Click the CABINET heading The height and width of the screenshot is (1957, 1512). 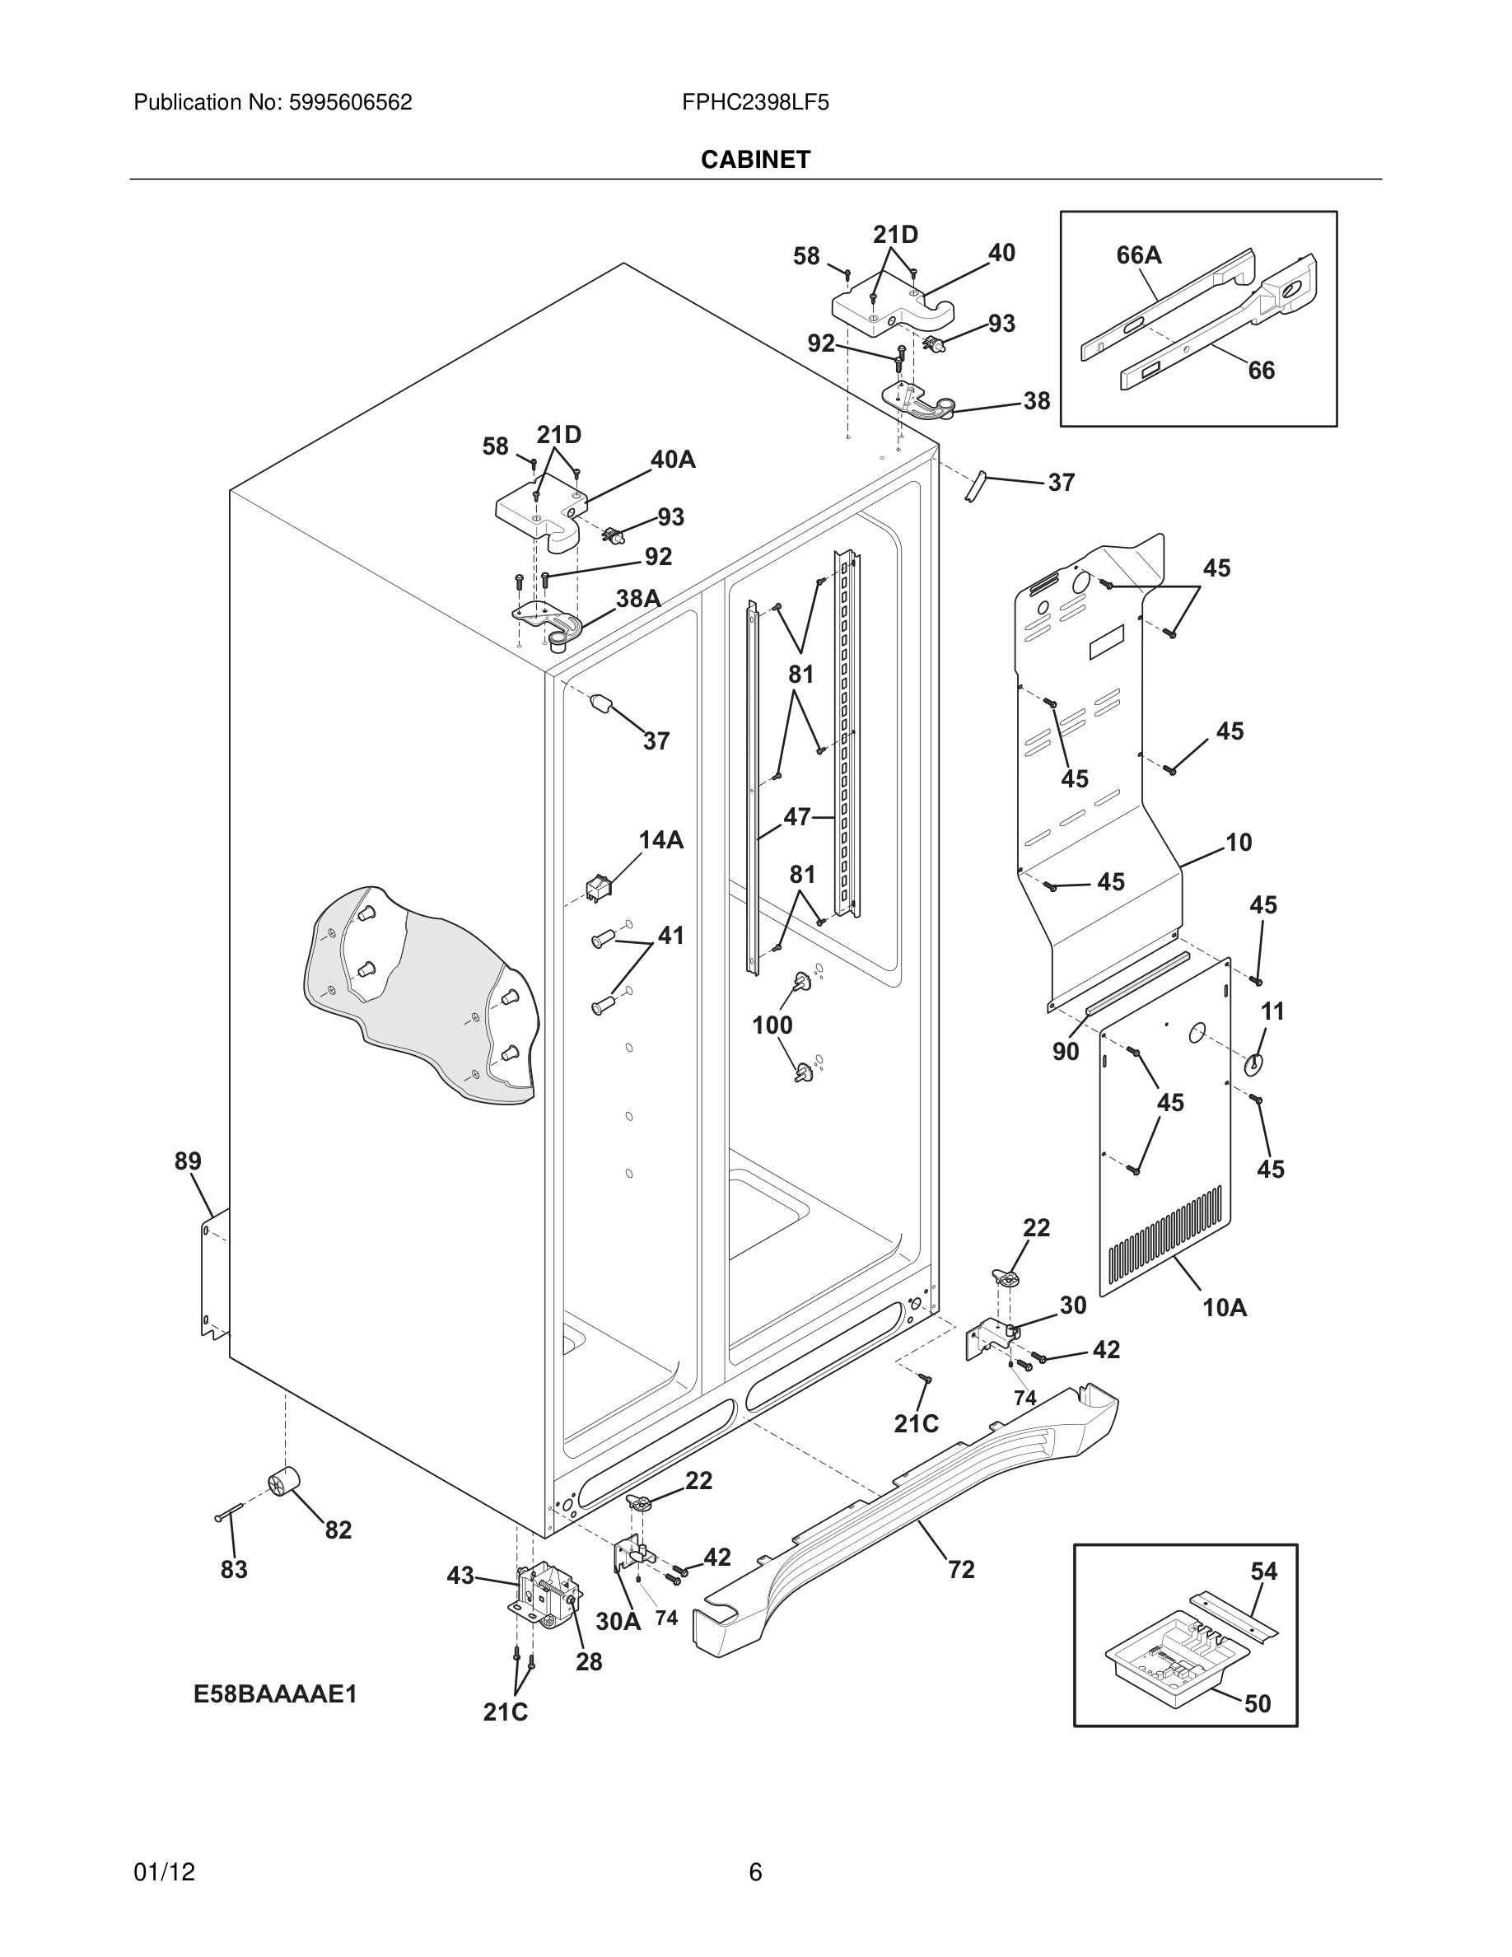point(755,160)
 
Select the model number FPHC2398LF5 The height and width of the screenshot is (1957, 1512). point(755,103)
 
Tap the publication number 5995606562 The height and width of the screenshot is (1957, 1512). point(349,103)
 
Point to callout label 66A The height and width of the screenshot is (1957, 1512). point(1138,255)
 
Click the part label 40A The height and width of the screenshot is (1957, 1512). point(673,460)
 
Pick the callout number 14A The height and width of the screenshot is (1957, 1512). point(661,839)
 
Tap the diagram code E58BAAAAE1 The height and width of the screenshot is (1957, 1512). point(276,1694)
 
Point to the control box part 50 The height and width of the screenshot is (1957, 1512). point(1164,1650)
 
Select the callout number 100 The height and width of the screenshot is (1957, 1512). point(772,1025)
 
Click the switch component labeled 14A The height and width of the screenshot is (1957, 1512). point(596,888)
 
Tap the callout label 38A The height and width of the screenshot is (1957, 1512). point(637,599)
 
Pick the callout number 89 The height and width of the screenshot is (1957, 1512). point(188,1161)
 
